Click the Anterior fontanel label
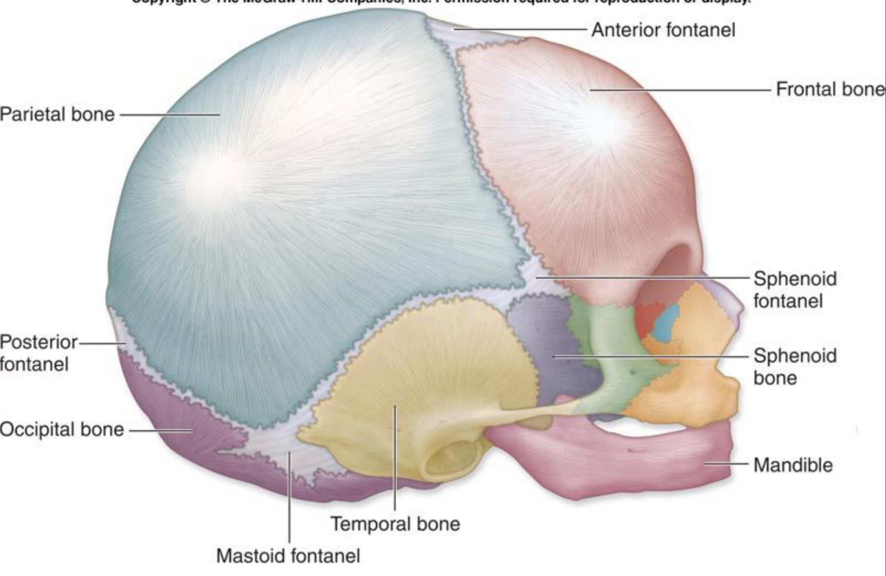coord(663,30)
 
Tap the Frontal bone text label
coord(830,89)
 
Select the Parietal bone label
coord(57,114)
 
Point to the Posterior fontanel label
coord(38,353)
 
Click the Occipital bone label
coord(62,430)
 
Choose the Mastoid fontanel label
coord(288,556)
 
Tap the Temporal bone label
coord(395,524)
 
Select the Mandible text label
coord(793,465)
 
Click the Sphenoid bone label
coord(795,366)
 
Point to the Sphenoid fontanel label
coord(795,290)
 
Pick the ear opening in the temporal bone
coord(452,460)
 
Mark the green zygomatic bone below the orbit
coord(613,352)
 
